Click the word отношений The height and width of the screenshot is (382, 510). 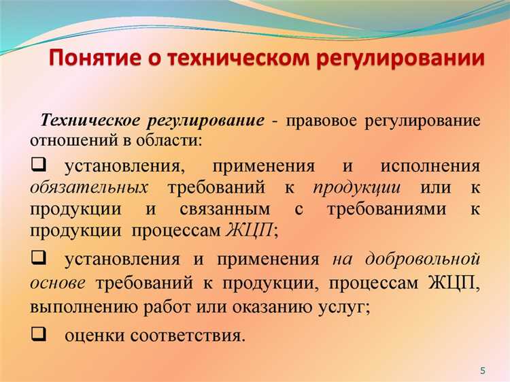[x=73, y=140]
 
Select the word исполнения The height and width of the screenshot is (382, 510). [x=430, y=166]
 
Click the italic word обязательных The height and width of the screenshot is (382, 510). [x=89, y=187]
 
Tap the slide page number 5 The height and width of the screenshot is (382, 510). [x=483, y=370]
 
